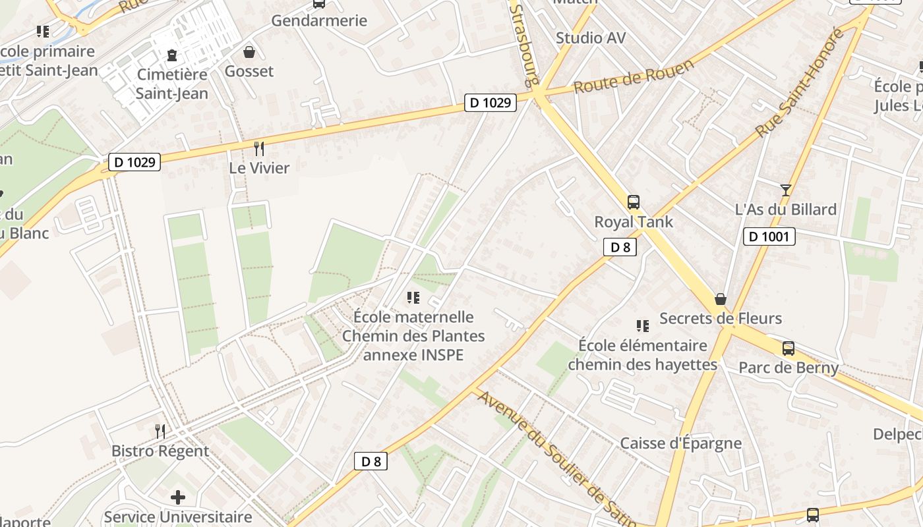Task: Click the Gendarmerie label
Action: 319,20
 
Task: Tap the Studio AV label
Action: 590,38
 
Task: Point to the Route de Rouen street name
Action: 634,76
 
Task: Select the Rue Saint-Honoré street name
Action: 799,82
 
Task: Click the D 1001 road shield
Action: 769,236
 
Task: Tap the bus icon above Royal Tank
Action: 634,202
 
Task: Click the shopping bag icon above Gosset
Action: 249,51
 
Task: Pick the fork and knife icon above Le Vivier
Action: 259,149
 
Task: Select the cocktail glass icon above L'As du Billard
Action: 785,190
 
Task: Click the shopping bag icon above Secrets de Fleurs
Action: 721,299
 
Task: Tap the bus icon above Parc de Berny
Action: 788,348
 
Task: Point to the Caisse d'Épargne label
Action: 680,443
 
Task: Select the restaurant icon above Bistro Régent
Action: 160,431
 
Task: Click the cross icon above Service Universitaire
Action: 178,497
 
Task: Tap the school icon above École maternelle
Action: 413,298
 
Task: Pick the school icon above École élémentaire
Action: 643,325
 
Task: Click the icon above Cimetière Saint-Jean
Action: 172,55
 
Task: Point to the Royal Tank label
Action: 634,222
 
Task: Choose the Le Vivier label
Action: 259,168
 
